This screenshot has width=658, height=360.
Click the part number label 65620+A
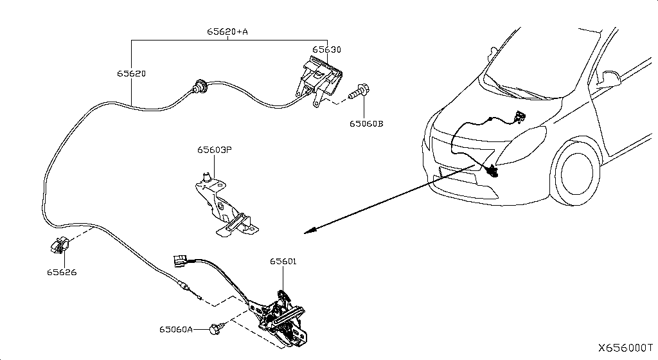pyautogui.click(x=227, y=32)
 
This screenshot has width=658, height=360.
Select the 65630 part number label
pyautogui.click(x=326, y=50)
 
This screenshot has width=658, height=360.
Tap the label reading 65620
pyautogui.click(x=131, y=73)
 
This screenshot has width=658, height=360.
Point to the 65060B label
pyautogui.click(x=366, y=124)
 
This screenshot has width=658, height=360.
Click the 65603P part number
pyautogui.click(x=215, y=149)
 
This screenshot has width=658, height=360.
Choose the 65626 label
pyautogui.click(x=62, y=273)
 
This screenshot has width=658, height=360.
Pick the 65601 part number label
pyautogui.click(x=283, y=262)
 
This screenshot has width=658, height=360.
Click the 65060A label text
pyautogui.click(x=176, y=329)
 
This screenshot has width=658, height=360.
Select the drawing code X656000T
pyautogui.click(x=626, y=348)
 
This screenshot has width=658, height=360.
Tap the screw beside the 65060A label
pyautogui.click(x=217, y=328)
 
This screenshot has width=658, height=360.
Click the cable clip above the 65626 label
pyautogui.click(x=58, y=246)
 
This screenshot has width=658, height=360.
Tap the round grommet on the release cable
pyautogui.click(x=199, y=87)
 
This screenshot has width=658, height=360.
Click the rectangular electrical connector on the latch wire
pyautogui.click(x=181, y=262)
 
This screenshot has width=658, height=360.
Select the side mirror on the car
pyautogui.click(x=609, y=78)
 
